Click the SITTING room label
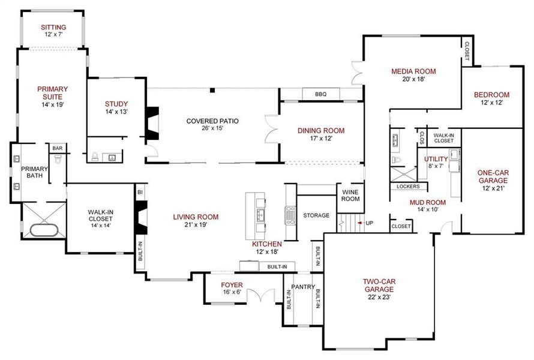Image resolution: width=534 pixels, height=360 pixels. (53, 28)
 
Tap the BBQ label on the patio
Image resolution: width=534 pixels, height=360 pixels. (321, 94)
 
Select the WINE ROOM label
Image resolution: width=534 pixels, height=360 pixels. (350, 196)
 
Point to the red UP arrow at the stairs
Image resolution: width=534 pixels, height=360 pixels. (361, 223)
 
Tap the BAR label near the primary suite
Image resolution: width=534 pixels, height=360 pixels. (58, 148)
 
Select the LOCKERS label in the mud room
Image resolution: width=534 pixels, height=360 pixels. (408, 187)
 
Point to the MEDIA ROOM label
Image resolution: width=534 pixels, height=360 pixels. (413, 71)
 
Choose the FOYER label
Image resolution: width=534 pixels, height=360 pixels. (232, 285)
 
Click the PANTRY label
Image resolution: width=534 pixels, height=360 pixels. (303, 287)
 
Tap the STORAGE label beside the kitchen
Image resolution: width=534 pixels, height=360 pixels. (316, 215)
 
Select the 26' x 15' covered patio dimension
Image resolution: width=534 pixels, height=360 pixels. (212, 128)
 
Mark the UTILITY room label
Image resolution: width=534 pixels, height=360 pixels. (436, 159)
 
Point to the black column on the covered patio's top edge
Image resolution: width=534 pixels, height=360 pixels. (212, 91)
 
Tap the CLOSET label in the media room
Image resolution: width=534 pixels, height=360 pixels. (467, 51)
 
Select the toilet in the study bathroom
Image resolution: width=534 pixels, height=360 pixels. (95, 157)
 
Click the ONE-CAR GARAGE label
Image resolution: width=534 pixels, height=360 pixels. (493, 177)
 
